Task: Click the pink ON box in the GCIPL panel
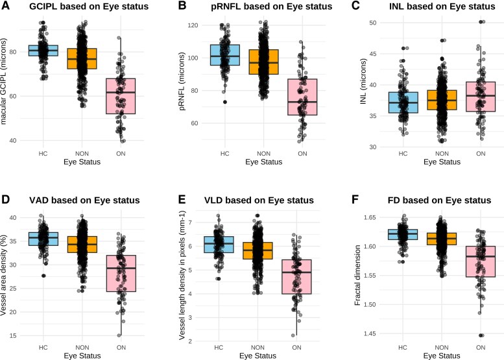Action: tap(121, 96)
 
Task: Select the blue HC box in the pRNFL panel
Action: tap(225, 55)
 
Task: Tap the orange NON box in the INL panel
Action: tap(442, 100)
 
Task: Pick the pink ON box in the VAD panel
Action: tap(121, 274)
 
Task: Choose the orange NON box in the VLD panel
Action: tap(258, 251)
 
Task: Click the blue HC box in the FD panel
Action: tap(403, 234)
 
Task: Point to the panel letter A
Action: tap(5, 5)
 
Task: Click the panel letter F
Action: tap(355, 200)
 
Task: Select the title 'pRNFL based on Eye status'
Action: tap(272, 6)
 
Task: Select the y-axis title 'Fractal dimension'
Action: tap(357, 275)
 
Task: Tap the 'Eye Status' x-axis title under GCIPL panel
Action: tap(82, 162)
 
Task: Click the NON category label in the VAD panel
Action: tap(82, 348)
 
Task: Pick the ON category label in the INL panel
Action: tap(481, 154)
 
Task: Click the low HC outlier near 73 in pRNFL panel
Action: tap(225, 102)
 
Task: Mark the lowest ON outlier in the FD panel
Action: tap(481, 335)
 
